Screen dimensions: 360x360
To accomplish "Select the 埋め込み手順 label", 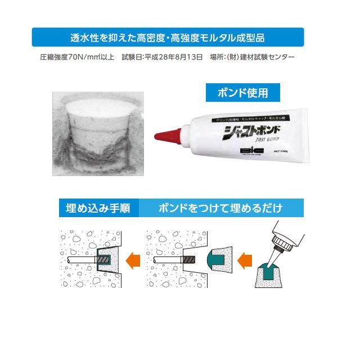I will (x=96, y=208).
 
